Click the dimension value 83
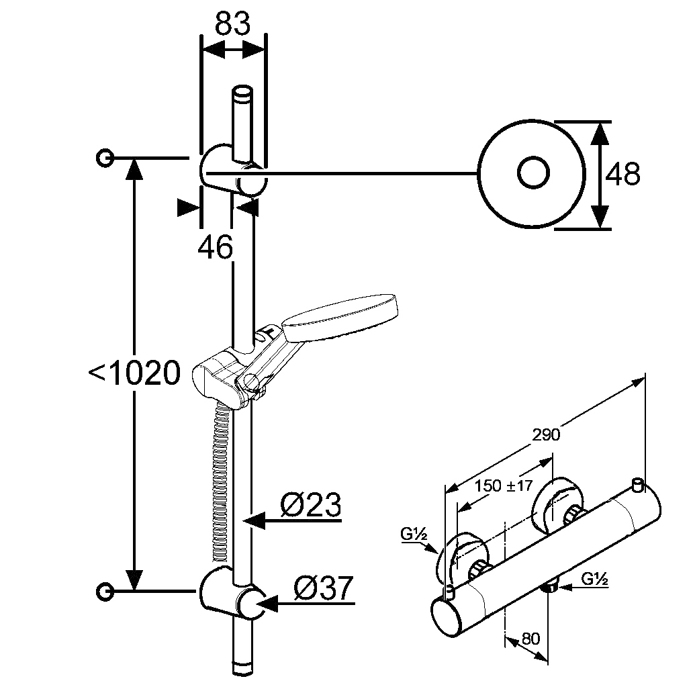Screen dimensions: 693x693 point(232,24)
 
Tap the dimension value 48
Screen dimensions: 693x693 point(622,174)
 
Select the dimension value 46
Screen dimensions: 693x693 point(215,247)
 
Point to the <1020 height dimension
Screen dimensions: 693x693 point(135,373)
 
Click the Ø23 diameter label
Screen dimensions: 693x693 point(311,505)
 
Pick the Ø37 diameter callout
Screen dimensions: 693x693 point(324,588)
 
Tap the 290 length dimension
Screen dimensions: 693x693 point(546,435)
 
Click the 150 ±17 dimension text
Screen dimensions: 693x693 point(504,486)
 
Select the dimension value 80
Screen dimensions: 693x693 point(530,639)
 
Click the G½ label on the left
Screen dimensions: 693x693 point(414,535)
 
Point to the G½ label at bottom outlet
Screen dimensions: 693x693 point(594,579)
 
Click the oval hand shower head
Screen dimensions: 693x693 point(339,316)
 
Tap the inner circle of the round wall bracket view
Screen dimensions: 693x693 point(533,173)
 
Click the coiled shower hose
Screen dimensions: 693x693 point(221,486)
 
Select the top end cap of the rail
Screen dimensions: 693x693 point(242,95)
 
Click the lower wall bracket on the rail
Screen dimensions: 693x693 point(230,593)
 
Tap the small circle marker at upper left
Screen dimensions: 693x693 point(105,157)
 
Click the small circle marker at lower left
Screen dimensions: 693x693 point(105,591)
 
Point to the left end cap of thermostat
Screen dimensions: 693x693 point(447,616)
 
